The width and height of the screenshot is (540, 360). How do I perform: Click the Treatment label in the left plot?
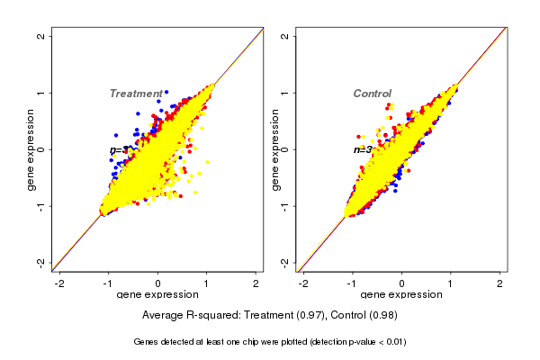pos(136,94)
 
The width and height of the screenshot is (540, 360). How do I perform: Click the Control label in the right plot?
pos(372,94)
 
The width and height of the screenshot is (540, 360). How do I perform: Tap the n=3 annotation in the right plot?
pos(363,149)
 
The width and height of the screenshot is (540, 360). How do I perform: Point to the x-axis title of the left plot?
pos(157,295)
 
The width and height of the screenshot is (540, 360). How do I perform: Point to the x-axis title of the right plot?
pos(401,295)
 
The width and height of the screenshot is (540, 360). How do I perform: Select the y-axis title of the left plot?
pos(31,149)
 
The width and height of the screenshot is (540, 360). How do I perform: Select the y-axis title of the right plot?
pos(275,149)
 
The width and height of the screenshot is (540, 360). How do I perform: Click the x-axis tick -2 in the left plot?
pos(59,283)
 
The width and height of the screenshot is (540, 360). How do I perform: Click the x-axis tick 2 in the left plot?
pos(256,283)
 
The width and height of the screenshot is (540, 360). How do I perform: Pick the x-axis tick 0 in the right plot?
pos(401,283)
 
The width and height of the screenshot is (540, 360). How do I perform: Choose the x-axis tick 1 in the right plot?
pos(451,283)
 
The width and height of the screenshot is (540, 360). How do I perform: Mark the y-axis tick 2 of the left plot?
pos(41,37)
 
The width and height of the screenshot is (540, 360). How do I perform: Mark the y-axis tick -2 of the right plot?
pos(285,262)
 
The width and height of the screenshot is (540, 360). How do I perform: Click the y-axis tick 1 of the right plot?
pos(285,93)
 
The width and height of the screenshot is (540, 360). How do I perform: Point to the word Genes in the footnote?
pos(148,342)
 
